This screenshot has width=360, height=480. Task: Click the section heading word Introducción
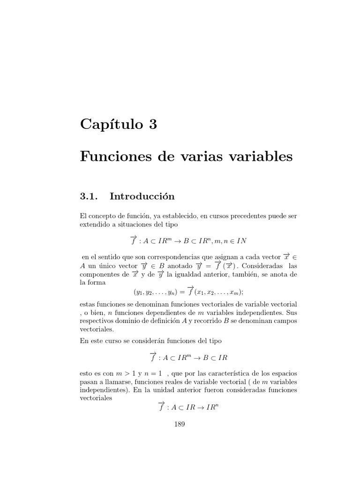click(x=139, y=197)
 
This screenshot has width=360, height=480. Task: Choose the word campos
click(x=285, y=321)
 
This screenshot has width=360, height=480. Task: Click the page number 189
click(x=180, y=425)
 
